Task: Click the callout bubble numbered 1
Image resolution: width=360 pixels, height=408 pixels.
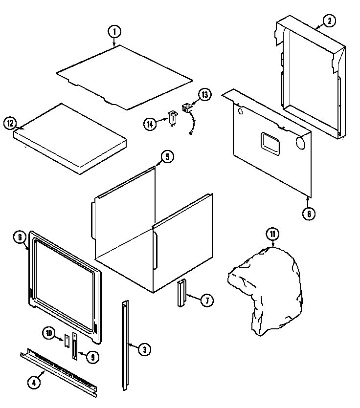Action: [114, 32]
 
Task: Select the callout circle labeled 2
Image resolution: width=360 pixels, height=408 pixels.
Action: [329, 21]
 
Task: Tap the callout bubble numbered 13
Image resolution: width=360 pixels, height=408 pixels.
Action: [204, 94]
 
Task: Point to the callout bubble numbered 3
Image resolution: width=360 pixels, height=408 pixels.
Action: [143, 349]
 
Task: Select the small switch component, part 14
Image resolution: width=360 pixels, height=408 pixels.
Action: [172, 118]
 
